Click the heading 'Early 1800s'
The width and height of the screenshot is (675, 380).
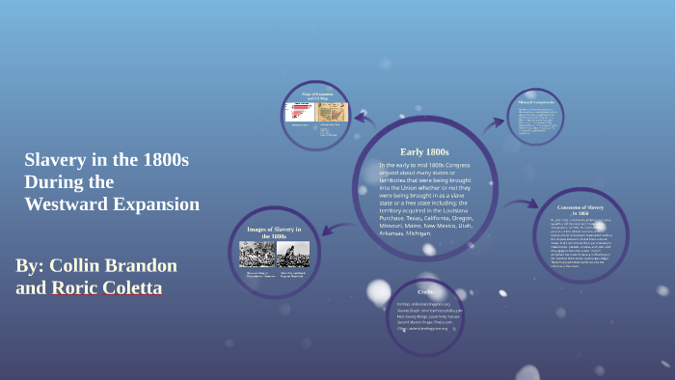coord(424,151)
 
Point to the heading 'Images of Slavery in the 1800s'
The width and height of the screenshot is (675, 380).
coord(275,232)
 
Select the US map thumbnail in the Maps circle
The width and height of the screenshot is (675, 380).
coord(334,112)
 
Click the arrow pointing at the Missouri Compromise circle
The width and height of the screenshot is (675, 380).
coord(495,122)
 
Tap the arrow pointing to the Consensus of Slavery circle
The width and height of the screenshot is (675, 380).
coord(524,204)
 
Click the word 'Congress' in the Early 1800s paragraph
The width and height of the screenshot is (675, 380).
coord(450,165)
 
